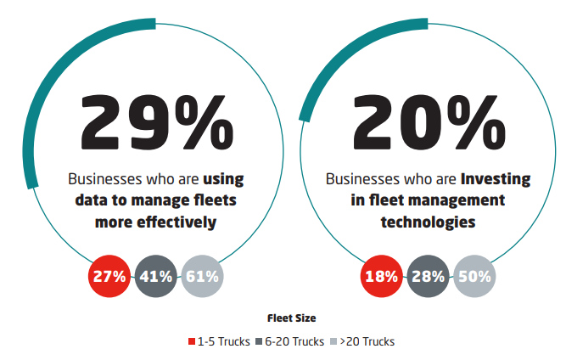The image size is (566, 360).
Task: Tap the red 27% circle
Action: (109, 276)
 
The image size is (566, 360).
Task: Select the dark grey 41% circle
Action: (155, 276)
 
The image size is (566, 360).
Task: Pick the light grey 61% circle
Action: (202, 276)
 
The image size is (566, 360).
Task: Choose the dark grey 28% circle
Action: (428, 276)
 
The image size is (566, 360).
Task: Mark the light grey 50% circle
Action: (474, 276)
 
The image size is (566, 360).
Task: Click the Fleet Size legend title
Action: (290, 318)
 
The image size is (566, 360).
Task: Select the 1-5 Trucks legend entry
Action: (223, 341)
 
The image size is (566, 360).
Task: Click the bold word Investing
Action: (496, 179)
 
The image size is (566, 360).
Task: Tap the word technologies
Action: (428, 222)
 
